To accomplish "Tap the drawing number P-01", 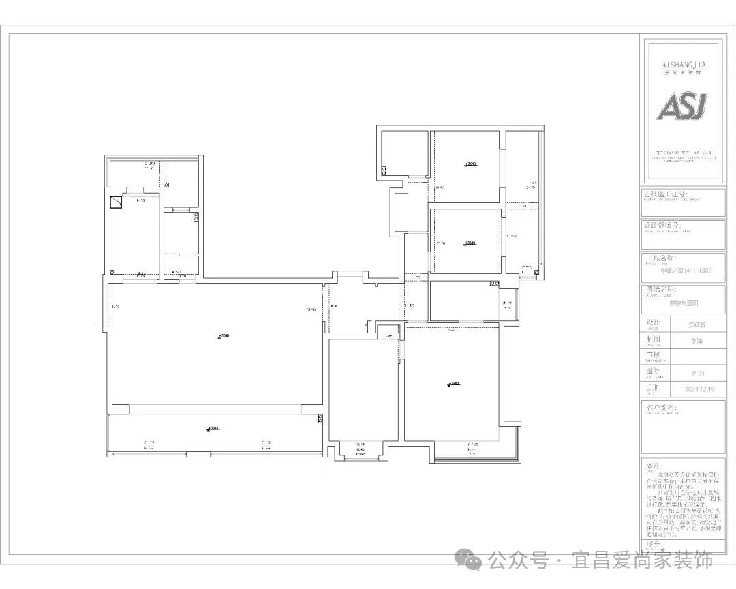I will tap(698, 373).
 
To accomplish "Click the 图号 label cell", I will tap(653, 372).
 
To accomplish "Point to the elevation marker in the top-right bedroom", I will tap(470, 164).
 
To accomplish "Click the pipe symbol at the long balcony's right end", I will tap(319, 421).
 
